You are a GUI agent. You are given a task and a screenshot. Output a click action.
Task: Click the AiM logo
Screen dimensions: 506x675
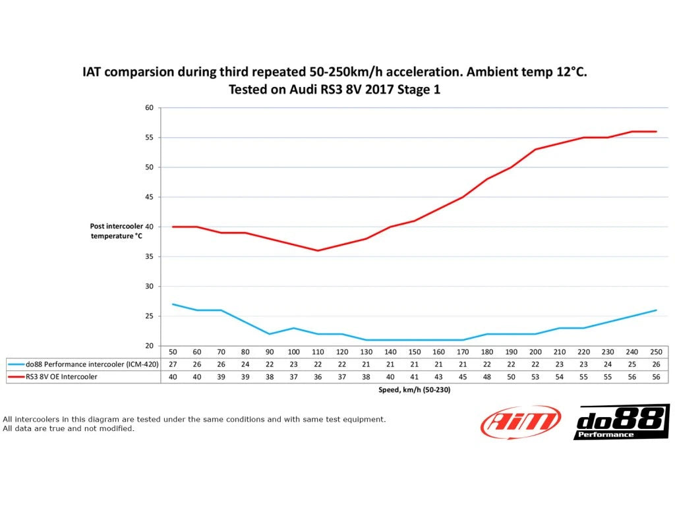[x=521, y=422]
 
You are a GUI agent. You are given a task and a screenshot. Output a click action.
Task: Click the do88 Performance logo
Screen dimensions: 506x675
[x=622, y=422]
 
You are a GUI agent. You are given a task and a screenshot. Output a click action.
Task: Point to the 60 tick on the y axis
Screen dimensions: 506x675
[x=149, y=107]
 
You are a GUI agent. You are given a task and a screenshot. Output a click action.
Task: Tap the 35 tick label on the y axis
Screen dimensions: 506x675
[x=149, y=256]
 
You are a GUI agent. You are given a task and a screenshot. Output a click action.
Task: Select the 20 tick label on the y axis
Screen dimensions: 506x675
[x=149, y=346]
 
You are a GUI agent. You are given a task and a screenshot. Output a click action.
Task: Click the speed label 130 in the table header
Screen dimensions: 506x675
[x=366, y=352]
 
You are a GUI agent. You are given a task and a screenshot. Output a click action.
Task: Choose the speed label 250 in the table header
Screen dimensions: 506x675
[x=656, y=352]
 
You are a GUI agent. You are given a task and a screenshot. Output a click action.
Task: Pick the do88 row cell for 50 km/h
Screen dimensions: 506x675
[x=173, y=364]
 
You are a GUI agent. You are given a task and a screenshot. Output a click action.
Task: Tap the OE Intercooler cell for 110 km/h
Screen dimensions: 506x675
[x=318, y=376]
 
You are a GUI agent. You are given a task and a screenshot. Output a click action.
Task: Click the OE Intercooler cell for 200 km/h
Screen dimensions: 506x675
[x=535, y=376]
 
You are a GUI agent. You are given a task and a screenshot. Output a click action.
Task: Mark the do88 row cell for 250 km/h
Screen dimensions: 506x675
[x=656, y=364]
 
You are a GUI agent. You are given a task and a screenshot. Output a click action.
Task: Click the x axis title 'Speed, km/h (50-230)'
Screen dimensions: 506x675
[x=409, y=390]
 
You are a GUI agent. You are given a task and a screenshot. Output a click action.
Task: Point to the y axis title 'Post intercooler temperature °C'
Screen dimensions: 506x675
[x=117, y=231]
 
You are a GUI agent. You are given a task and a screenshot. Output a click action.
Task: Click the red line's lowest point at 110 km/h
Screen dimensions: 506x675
[x=318, y=250]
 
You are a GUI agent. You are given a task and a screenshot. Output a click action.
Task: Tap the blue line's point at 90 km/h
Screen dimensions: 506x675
[x=270, y=334]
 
